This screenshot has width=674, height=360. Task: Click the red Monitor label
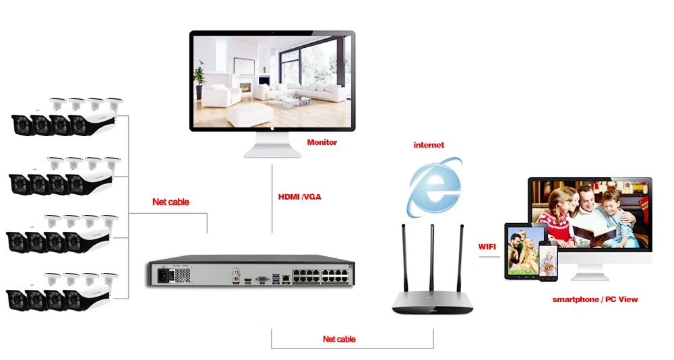322,142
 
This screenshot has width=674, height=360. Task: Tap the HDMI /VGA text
300,197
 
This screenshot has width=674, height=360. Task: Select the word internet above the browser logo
429,145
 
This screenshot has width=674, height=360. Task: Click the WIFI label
487,247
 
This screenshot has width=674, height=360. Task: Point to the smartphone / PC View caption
595,299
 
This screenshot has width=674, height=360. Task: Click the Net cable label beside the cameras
171,202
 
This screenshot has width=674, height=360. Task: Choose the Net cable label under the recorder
339,339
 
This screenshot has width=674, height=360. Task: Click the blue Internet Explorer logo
435,187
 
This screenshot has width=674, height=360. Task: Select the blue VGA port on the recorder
262,279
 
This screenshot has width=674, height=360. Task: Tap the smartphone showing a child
548,261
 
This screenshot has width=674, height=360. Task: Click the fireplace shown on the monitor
245,87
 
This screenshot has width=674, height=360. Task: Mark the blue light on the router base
433,311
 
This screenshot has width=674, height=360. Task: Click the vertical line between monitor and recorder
272,199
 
